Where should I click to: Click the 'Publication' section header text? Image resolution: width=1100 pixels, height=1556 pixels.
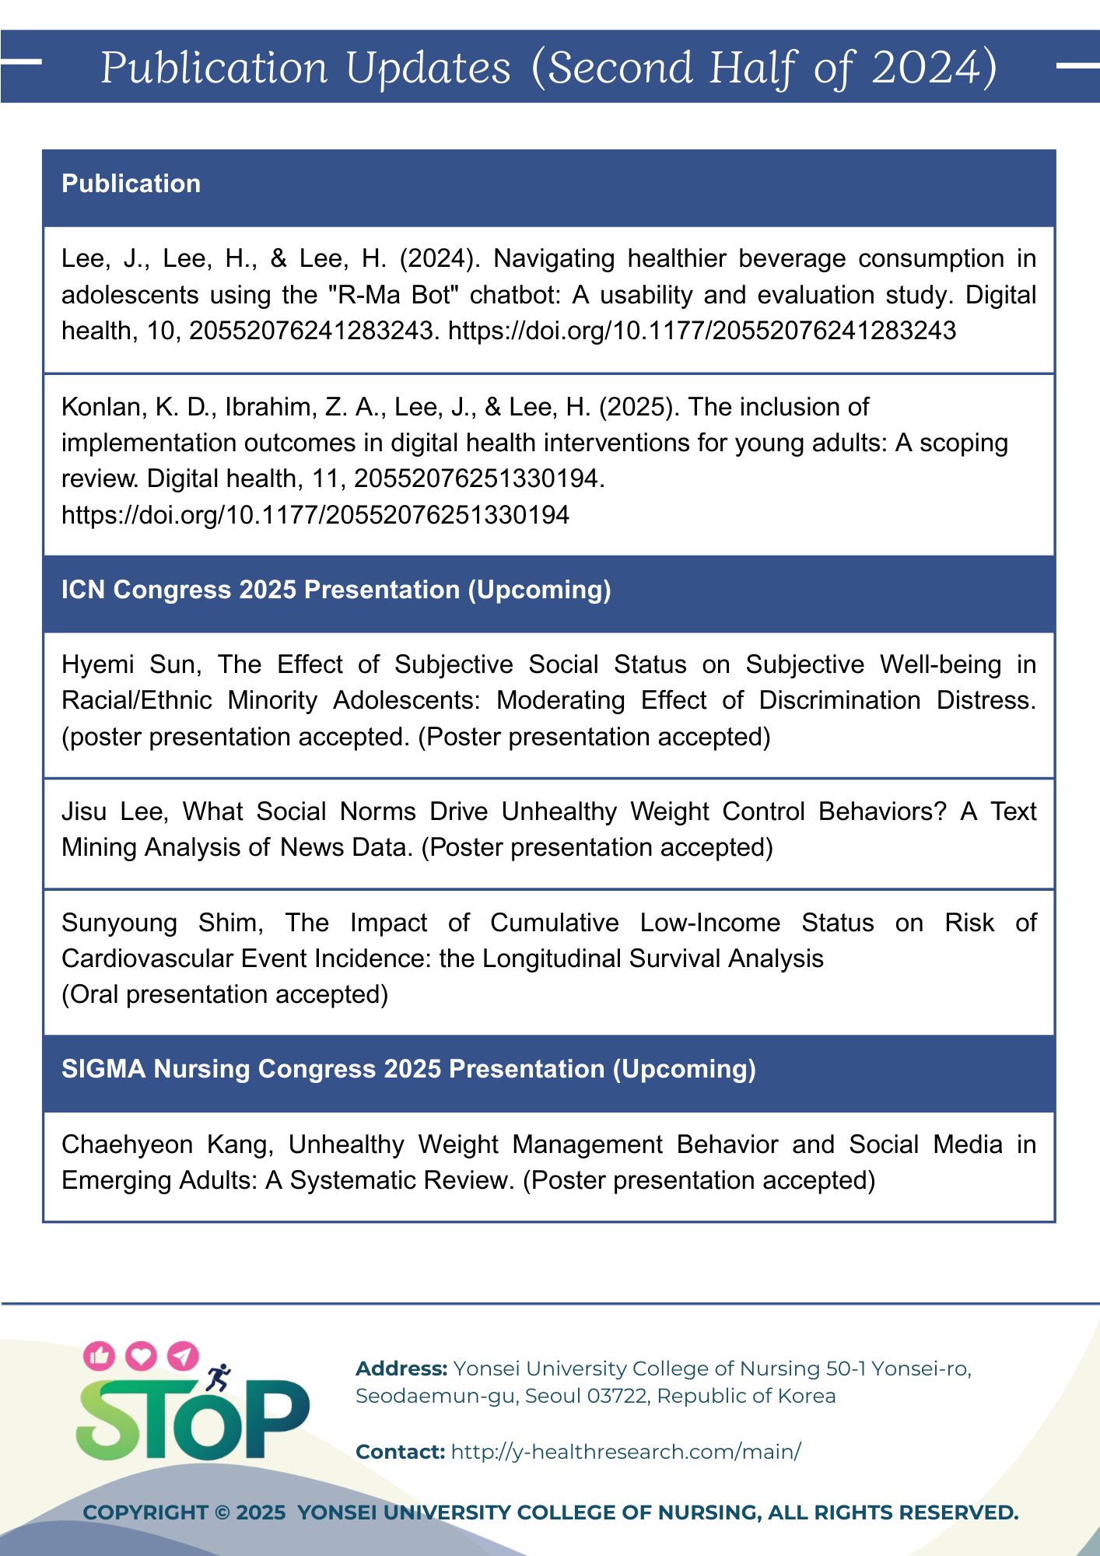[131, 184]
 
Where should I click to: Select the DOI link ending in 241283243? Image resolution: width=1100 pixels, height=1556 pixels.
[702, 331]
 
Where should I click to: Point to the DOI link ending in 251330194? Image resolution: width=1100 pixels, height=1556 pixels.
[315, 514]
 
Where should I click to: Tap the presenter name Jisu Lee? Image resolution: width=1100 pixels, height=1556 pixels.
[114, 811]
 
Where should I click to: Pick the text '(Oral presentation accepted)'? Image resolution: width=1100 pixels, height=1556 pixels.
[225, 994]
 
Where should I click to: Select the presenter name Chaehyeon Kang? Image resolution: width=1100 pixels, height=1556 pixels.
[166, 1144]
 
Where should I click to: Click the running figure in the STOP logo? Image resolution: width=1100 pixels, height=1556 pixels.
[219, 1377]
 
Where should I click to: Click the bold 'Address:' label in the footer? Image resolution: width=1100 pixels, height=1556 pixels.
[401, 1369]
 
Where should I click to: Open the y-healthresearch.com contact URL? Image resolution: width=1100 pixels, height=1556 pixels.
[625, 1452]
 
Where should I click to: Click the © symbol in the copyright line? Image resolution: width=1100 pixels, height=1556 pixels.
[222, 1512]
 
